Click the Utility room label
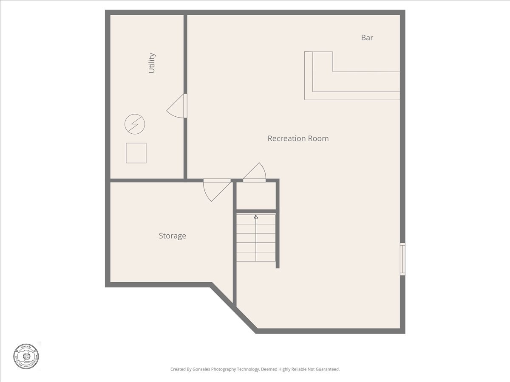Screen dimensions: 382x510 [x=152, y=63]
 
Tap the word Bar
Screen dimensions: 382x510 [x=367, y=37]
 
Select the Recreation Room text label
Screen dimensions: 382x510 [x=298, y=138]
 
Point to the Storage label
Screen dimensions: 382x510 [x=172, y=236]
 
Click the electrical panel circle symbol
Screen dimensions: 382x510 [x=134, y=124]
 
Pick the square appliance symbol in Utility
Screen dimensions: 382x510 [x=136, y=153]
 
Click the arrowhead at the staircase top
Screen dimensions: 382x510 [x=256, y=217]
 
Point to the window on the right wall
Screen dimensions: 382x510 [x=402, y=259]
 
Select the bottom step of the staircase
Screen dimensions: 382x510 [x=256, y=257]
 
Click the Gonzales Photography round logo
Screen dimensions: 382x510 [x=26, y=356]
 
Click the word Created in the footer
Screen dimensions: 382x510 [x=178, y=369]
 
